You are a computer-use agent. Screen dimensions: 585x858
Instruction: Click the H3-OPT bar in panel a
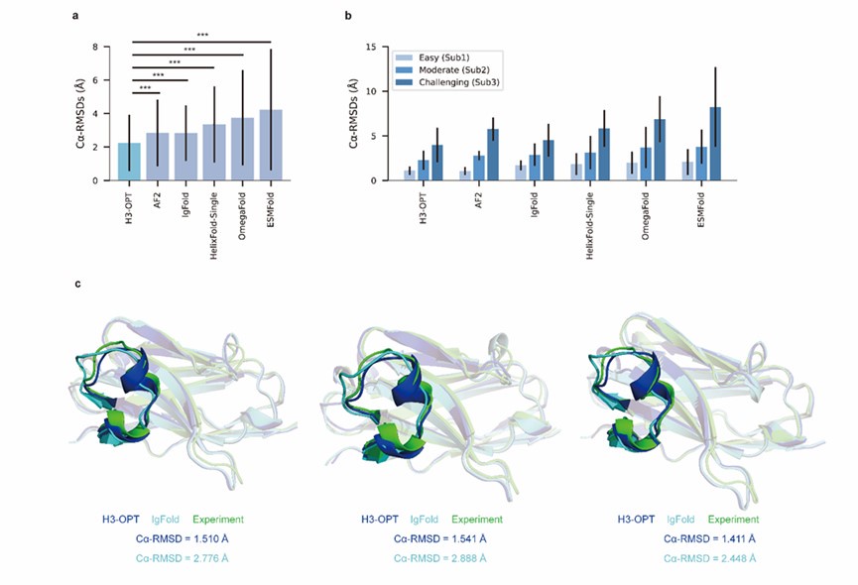coord(129,162)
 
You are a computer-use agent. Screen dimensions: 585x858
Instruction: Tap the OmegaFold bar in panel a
coord(242,150)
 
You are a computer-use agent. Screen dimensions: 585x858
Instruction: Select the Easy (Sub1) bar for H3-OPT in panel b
coord(408,175)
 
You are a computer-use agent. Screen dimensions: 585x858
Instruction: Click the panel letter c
coord(78,285)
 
